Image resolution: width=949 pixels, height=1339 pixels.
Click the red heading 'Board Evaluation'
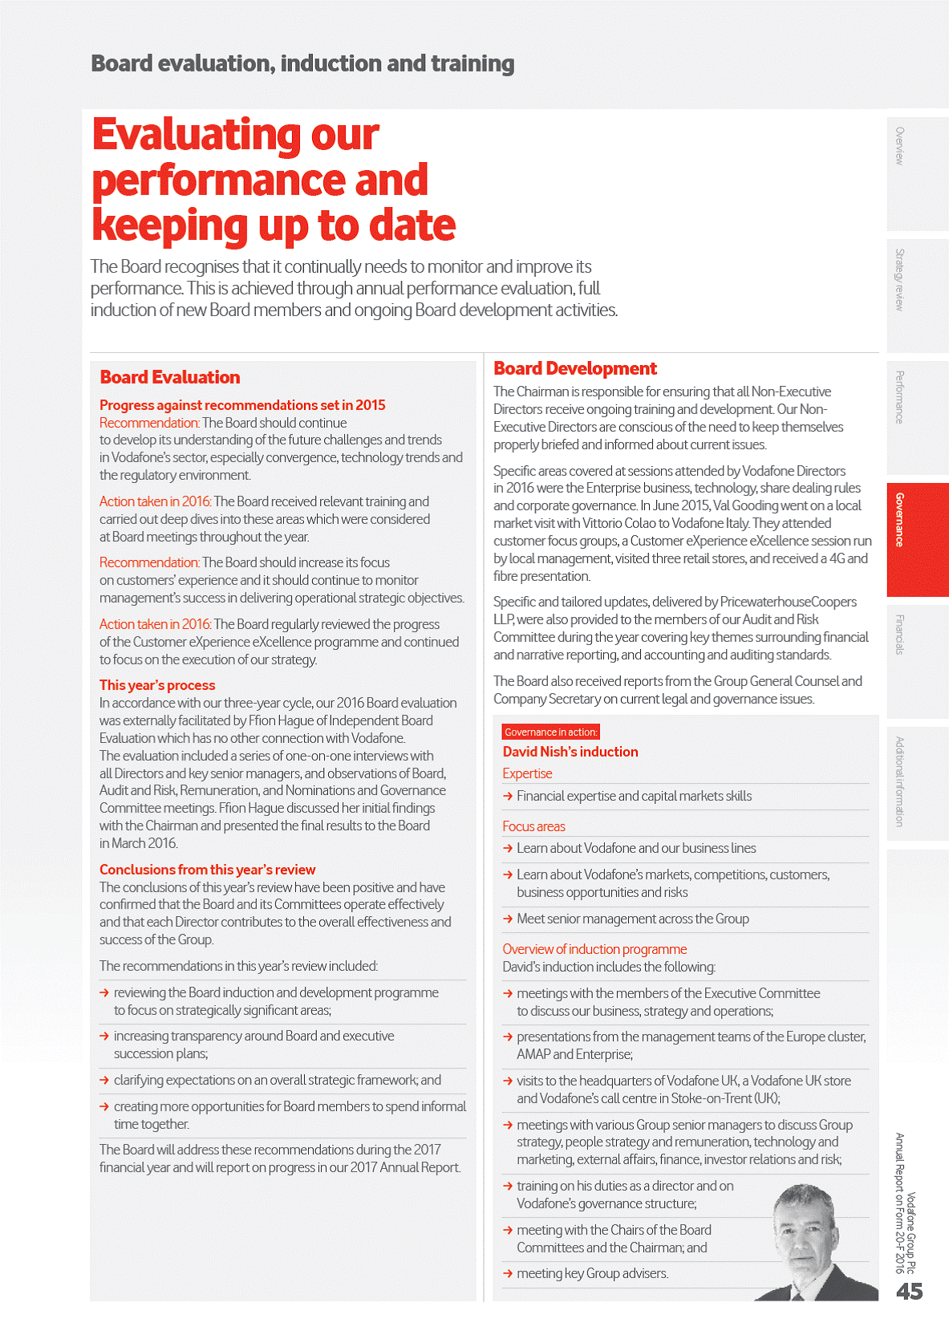pos(169,377)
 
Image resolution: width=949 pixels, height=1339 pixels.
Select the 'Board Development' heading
pos(574,368)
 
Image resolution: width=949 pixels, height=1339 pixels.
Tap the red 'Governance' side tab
pos(917,539)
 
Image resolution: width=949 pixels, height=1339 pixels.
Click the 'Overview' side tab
pos(917,172)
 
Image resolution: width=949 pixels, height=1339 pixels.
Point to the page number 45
pos(909,1291)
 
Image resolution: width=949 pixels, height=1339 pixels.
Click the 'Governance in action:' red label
pos(550,732)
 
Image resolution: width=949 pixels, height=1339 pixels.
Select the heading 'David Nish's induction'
pos(570,752)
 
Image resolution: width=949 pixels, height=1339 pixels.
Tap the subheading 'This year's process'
pos(157,685)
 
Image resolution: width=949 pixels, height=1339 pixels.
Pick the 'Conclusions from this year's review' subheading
pos(207,870)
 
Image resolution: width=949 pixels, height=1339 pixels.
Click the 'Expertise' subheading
pos(527,773)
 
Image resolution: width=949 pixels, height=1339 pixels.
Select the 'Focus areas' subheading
pos(533,826)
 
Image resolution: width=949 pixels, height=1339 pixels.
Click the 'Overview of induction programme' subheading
pos(594,949)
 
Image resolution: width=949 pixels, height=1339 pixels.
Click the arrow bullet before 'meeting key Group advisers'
pos(508,1273)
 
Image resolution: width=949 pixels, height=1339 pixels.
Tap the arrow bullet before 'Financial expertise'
pos(508,796)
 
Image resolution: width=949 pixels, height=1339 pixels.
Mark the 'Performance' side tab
pos(917,417)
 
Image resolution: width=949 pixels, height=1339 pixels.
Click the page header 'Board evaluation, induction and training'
pos(302,63)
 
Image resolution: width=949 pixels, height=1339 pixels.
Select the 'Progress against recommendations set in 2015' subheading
pos(242,405)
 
